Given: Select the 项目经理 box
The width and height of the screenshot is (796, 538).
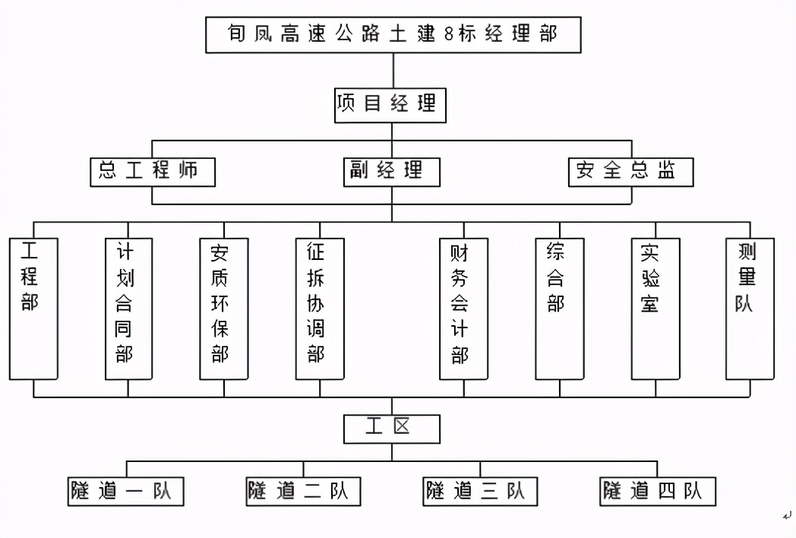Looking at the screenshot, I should [x=390, y=105].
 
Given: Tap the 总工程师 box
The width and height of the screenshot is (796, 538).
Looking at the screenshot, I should [x=152, y=171].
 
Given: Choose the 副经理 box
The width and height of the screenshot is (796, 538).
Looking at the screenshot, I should [x=391, y=171].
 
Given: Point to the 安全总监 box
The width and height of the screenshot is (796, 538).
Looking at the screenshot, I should [x=631, y=171].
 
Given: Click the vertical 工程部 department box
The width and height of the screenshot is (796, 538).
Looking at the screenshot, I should [x=33, y=308].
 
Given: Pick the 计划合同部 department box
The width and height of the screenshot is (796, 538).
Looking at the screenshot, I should [x=128, y=308].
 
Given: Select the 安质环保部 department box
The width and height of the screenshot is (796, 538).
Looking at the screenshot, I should [x=224, y=308].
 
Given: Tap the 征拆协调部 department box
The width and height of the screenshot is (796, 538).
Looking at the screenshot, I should [x=320, y=308].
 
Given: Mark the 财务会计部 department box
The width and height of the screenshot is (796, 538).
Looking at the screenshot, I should [x=463, y=308].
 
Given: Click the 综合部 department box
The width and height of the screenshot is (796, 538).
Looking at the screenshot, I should [x=559, y=308].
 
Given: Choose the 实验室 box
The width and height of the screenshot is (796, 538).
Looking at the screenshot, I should [x=655, y=308].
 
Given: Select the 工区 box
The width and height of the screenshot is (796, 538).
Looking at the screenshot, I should [x=391, y=428].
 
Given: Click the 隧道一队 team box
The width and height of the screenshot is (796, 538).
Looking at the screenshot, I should [x=125, y=491].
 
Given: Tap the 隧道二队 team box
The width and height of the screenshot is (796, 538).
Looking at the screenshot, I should [x=303, y=491].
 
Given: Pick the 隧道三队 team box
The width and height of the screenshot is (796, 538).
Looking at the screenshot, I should [x=480, y=491].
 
